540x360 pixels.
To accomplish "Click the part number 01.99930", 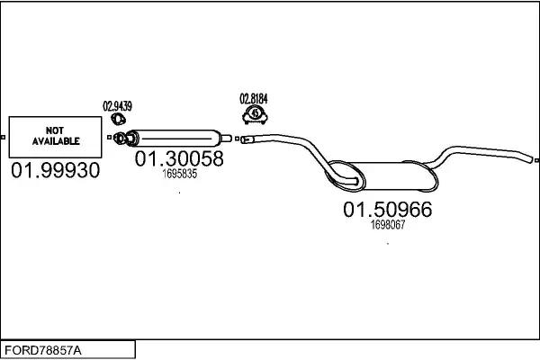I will click(x=55, y=170).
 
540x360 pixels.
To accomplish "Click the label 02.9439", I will click(x=117, y=106).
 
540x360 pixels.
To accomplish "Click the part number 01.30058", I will click(x=179, y=159).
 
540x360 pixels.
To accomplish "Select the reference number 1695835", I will click(x=179, y=174).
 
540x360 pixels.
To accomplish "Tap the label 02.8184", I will click(x=254, y=98).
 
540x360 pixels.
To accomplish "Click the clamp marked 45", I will click(x=255, y=114).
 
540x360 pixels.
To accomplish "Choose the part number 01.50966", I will click(x=387, y=211).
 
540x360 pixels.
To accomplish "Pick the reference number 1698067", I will click(x=388, y=226).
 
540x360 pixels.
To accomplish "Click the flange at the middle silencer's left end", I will click(x=128, y=138).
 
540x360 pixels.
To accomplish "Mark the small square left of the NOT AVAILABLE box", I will click(x=4, y=138).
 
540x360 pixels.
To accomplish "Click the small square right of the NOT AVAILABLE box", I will click(x=107, y=138).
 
